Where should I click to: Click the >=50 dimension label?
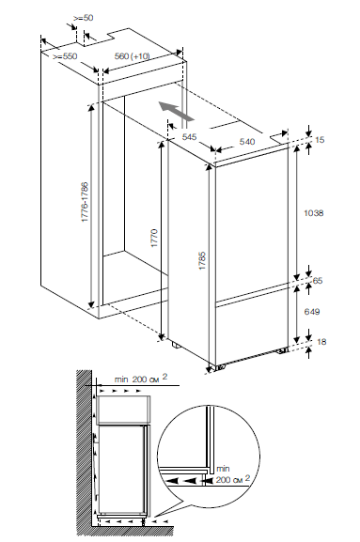click(84, 18)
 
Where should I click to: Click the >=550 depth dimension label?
click(65, 56)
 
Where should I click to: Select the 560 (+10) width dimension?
click(133, 56)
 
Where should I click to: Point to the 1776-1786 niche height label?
click(86, 202)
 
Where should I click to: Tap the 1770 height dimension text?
click(154, 238)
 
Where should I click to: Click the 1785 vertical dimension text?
click(202, 260)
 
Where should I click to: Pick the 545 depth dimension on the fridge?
click(189, 137)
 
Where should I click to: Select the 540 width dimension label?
click(247, 142)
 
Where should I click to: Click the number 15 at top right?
click(321, 140)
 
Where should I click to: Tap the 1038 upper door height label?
click(314, 213)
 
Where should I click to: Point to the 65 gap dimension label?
click(318, 280)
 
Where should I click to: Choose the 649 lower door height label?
click(312, 312)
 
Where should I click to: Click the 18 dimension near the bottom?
click(321, 342)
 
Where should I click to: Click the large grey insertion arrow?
click(176, 111)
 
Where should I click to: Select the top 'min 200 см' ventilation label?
click(141, 379)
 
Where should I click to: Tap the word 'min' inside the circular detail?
click(223, 469)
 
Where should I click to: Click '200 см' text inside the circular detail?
click(233, 479)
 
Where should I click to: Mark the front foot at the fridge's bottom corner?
click(218, 367)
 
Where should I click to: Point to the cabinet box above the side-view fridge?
click(123, 410)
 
